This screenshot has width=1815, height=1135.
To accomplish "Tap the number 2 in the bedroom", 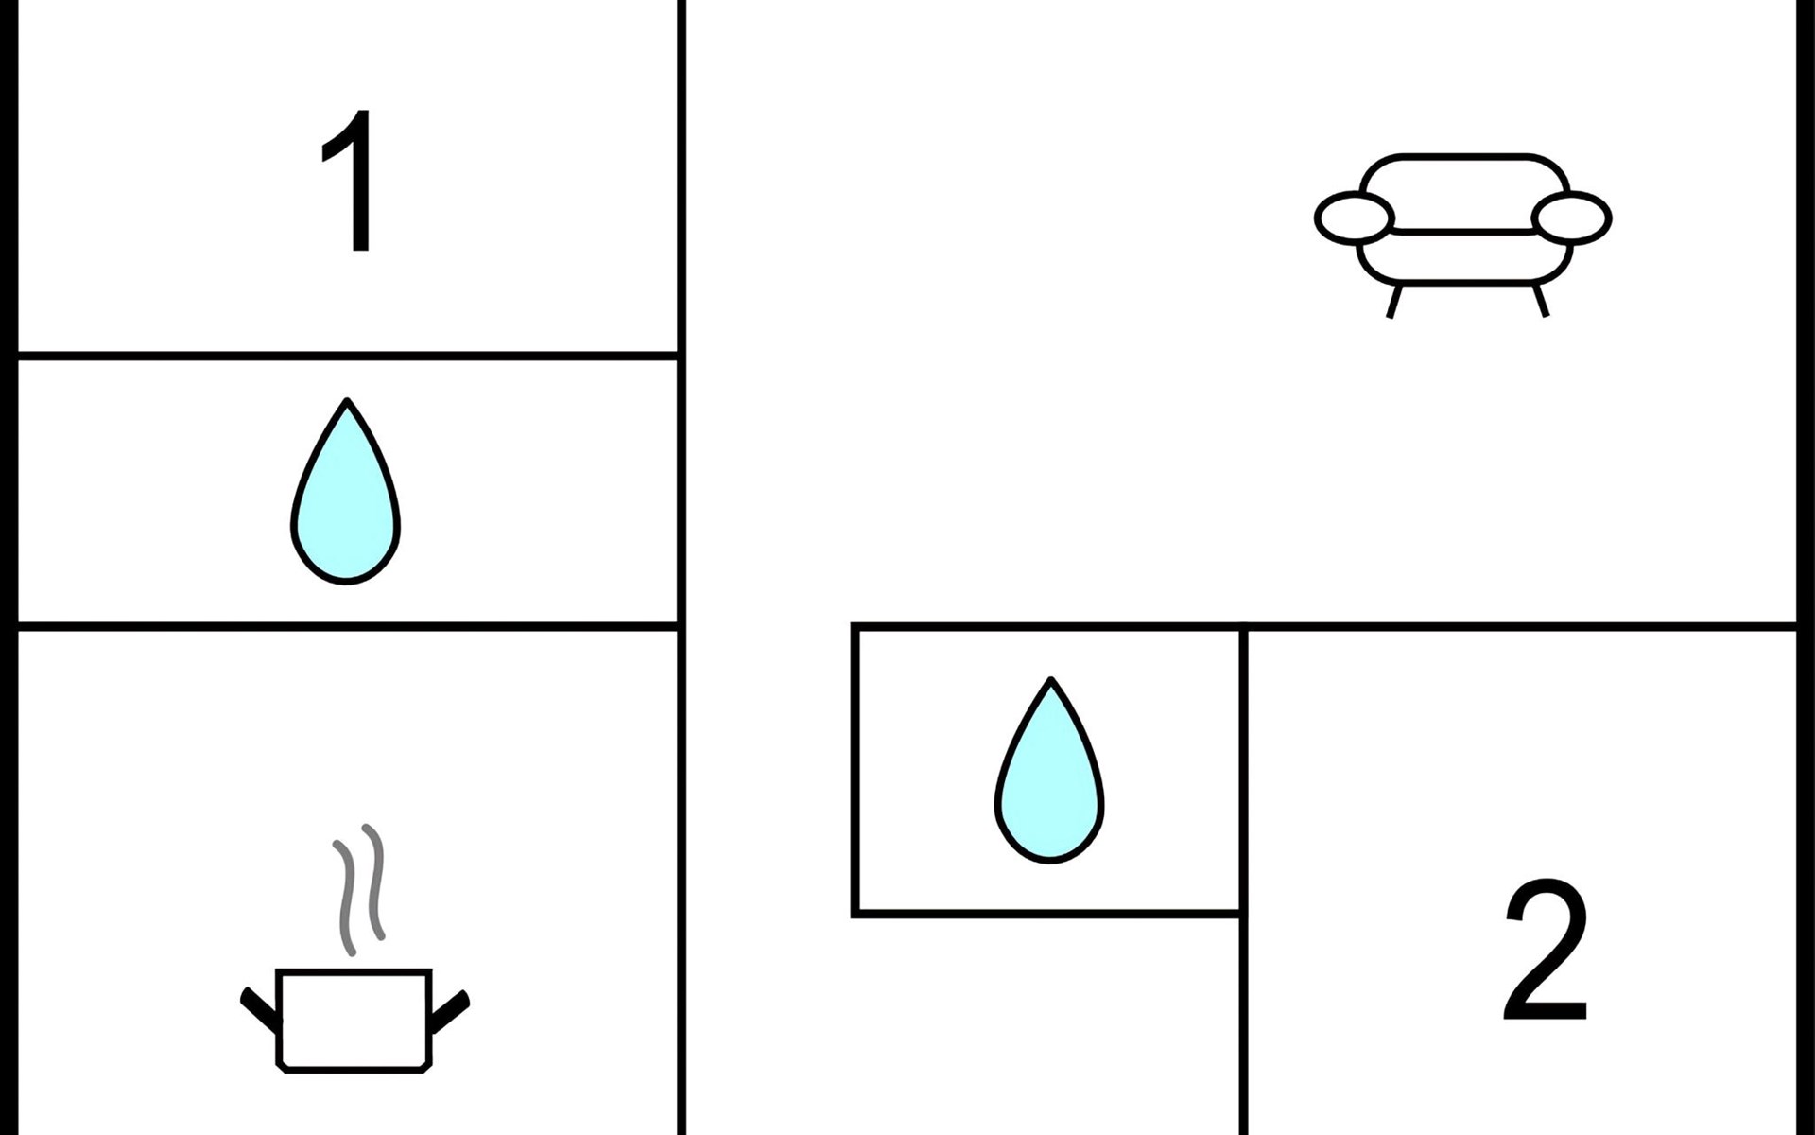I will pyautogui.click(x=1545, y=950).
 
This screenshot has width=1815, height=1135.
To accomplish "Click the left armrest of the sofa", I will pyautogui.click(x=1354, y=217).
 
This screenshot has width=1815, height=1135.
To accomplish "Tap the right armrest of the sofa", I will pyautogui.click(x=1571, y=217).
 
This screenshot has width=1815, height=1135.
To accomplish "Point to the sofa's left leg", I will pyautogui.click(x=1392, y=300).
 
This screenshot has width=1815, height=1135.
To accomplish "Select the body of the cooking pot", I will pyautogui.click(x=354, y=1020).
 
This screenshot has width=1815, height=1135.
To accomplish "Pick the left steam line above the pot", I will pyautogui.click(x=346, y=897).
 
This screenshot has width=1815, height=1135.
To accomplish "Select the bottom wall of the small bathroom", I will pyautogui.click(x=1047, y=913).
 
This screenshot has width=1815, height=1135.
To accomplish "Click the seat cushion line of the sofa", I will pyautogui.click(x=1462, y=231).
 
